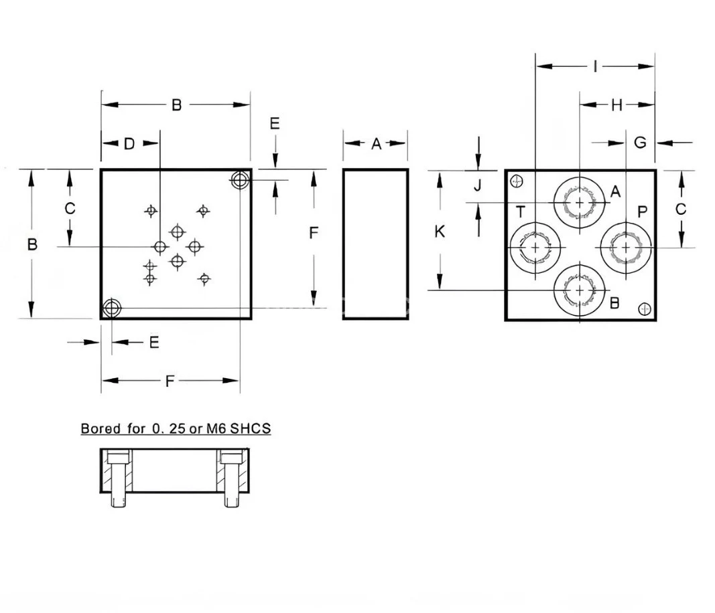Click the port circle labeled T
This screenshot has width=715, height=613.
535,248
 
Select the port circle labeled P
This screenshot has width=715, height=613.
625,248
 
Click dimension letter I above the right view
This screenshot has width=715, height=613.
595,66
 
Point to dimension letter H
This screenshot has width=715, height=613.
616,104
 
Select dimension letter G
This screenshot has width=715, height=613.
640,142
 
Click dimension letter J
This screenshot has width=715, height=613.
478,186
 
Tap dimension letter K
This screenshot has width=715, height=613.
440,232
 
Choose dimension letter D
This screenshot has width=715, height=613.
129,143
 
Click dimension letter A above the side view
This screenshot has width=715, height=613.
376,143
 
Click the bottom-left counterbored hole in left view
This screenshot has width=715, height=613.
111,309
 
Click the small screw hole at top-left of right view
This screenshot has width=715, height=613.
516,181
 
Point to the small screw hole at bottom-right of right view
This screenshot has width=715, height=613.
645,309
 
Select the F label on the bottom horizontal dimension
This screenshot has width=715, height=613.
170,381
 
